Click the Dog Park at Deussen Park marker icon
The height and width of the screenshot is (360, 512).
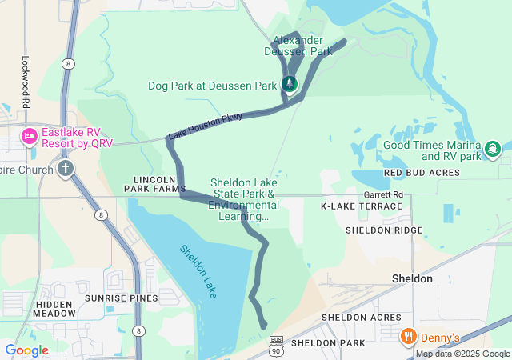click(290, 83)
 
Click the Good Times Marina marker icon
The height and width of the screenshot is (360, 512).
click(492, 148)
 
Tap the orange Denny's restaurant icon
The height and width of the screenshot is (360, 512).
click(408, 336)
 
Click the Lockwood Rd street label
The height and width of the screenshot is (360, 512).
click(26, 82)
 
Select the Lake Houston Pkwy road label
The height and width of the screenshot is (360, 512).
click(205, 126)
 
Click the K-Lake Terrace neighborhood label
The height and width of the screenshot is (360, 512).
click(361, 206)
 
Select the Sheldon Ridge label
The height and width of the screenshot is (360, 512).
click(384, 230)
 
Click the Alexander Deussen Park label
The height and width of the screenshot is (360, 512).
click(298, 46)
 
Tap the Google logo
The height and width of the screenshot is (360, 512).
click(26, 350)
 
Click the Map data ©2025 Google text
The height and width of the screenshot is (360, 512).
click(462, 354)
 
